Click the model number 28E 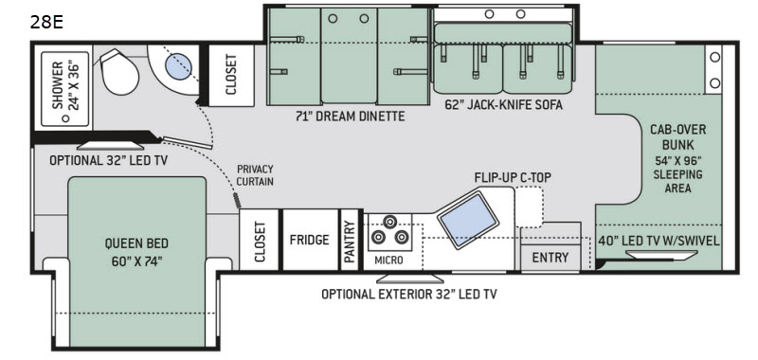[x=47, y=23]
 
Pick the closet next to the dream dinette [x=231, y=71]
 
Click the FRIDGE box [x=309, y=239]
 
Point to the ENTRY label [x=550, y=258]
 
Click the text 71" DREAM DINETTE [x=351, y=116]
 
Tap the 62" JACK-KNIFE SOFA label [x=502, y=105]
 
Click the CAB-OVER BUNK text [x=677, y=137]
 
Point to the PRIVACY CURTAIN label [x=254, y=175]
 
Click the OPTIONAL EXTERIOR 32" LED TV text [x=408, y=294]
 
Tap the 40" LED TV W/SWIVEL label [x=659, y=240]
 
